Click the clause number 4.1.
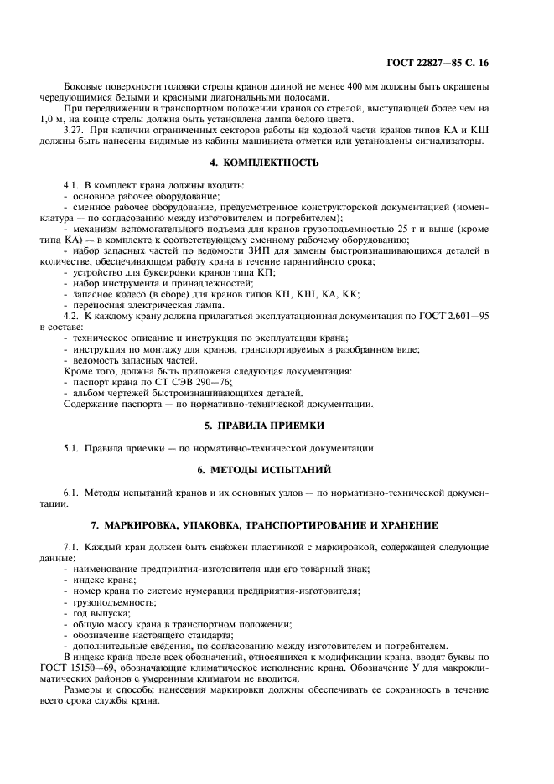(74, 184)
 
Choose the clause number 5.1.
(74, 447)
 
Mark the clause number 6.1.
(74, 491)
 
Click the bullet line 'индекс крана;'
(105, 580)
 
